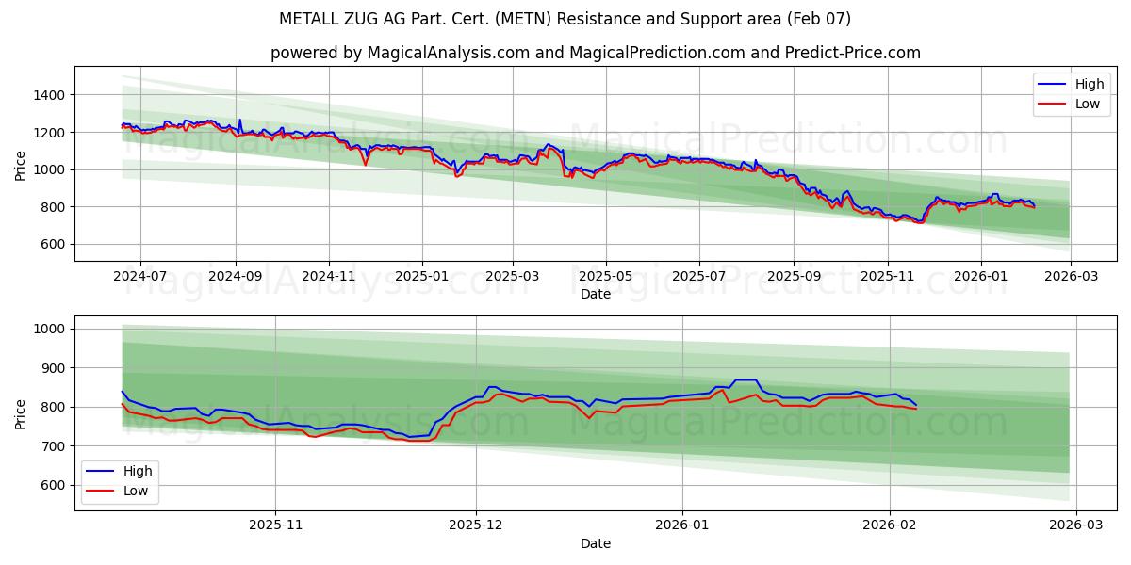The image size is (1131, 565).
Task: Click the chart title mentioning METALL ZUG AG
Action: pyautogui.click(x=565, y=19)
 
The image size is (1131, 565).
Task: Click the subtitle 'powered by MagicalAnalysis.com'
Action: pyautogui.click(x=595, y=53)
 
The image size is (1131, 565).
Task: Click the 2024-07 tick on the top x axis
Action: pyautogui.click(x=139, y=277)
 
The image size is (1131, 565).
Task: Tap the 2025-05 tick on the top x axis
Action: pyautogui.click(x=605, y=277)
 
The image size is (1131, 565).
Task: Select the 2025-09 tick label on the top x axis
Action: pyautogui.click(x=793, y=277)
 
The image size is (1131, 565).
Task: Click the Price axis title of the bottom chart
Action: pyautogui.click(x=21, y=413)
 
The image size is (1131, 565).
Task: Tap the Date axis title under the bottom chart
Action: pyautogui.click(x=595, y=543)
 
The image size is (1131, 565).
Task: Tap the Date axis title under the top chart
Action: pyautogui.click(x=595, y=294)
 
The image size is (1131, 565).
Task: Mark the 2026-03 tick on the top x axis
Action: pyautogui.click(x=1071, y=277)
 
